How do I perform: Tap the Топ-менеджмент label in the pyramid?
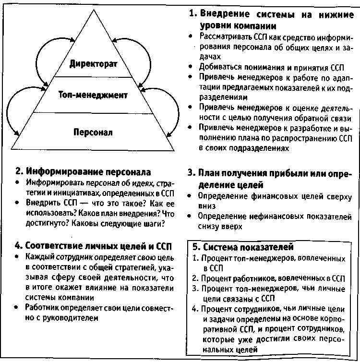point(93,95)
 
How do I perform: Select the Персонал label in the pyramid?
point(93,131)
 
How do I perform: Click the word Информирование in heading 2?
point(60,171)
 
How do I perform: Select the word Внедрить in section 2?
point(43,203)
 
